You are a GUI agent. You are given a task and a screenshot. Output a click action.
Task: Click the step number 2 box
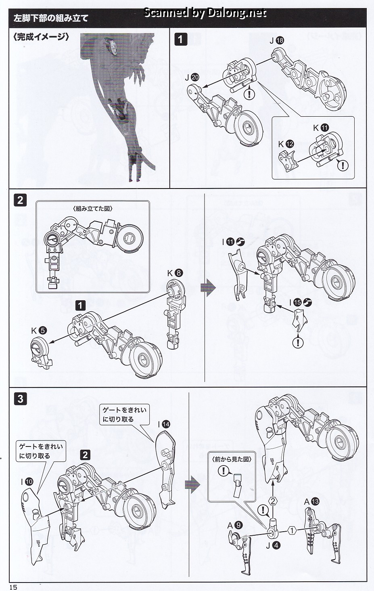click(x=20, y=200)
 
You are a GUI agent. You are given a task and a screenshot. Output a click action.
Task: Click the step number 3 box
click(x=20, y=399)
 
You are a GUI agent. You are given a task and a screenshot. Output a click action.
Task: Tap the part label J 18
click(x=276, y=40)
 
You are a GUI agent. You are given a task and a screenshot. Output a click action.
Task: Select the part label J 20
click(x=192, y=78)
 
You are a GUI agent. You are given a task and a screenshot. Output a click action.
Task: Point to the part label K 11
click(x=321, y=128)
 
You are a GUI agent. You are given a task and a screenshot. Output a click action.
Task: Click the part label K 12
click(x=286, y=144)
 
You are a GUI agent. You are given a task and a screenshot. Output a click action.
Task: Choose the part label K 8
click(x=175, y=273)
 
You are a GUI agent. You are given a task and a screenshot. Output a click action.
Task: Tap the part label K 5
click(x=39, y=331)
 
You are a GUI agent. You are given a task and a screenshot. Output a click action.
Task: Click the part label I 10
click(x=27, y=482)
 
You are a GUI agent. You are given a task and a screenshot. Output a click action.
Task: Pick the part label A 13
click(x=311, y=501)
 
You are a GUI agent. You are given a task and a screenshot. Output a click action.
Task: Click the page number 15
click(x=14, y=587)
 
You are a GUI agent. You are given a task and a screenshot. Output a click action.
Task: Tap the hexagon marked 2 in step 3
click(x=273, y=501)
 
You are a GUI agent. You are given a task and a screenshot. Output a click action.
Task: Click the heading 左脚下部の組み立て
click(x=51, y=18)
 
